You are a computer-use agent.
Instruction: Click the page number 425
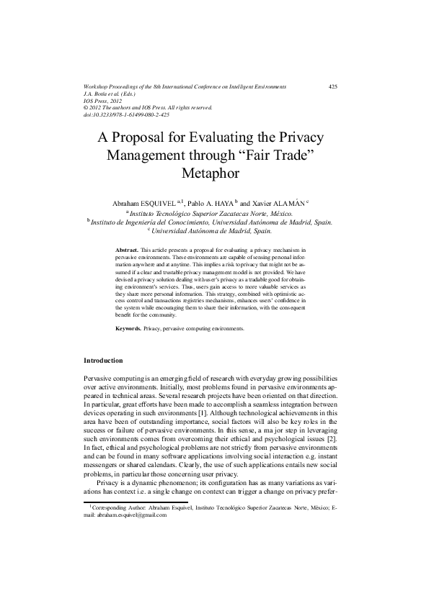click(x=332, y=86)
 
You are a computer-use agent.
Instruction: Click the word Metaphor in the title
click(x=214, y=173)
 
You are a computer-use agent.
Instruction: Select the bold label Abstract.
click(x=128, y=248)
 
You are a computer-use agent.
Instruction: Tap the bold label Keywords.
click(x=128, y=328)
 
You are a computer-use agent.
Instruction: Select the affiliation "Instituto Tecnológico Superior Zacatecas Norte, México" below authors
click(x=215, y=214)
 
